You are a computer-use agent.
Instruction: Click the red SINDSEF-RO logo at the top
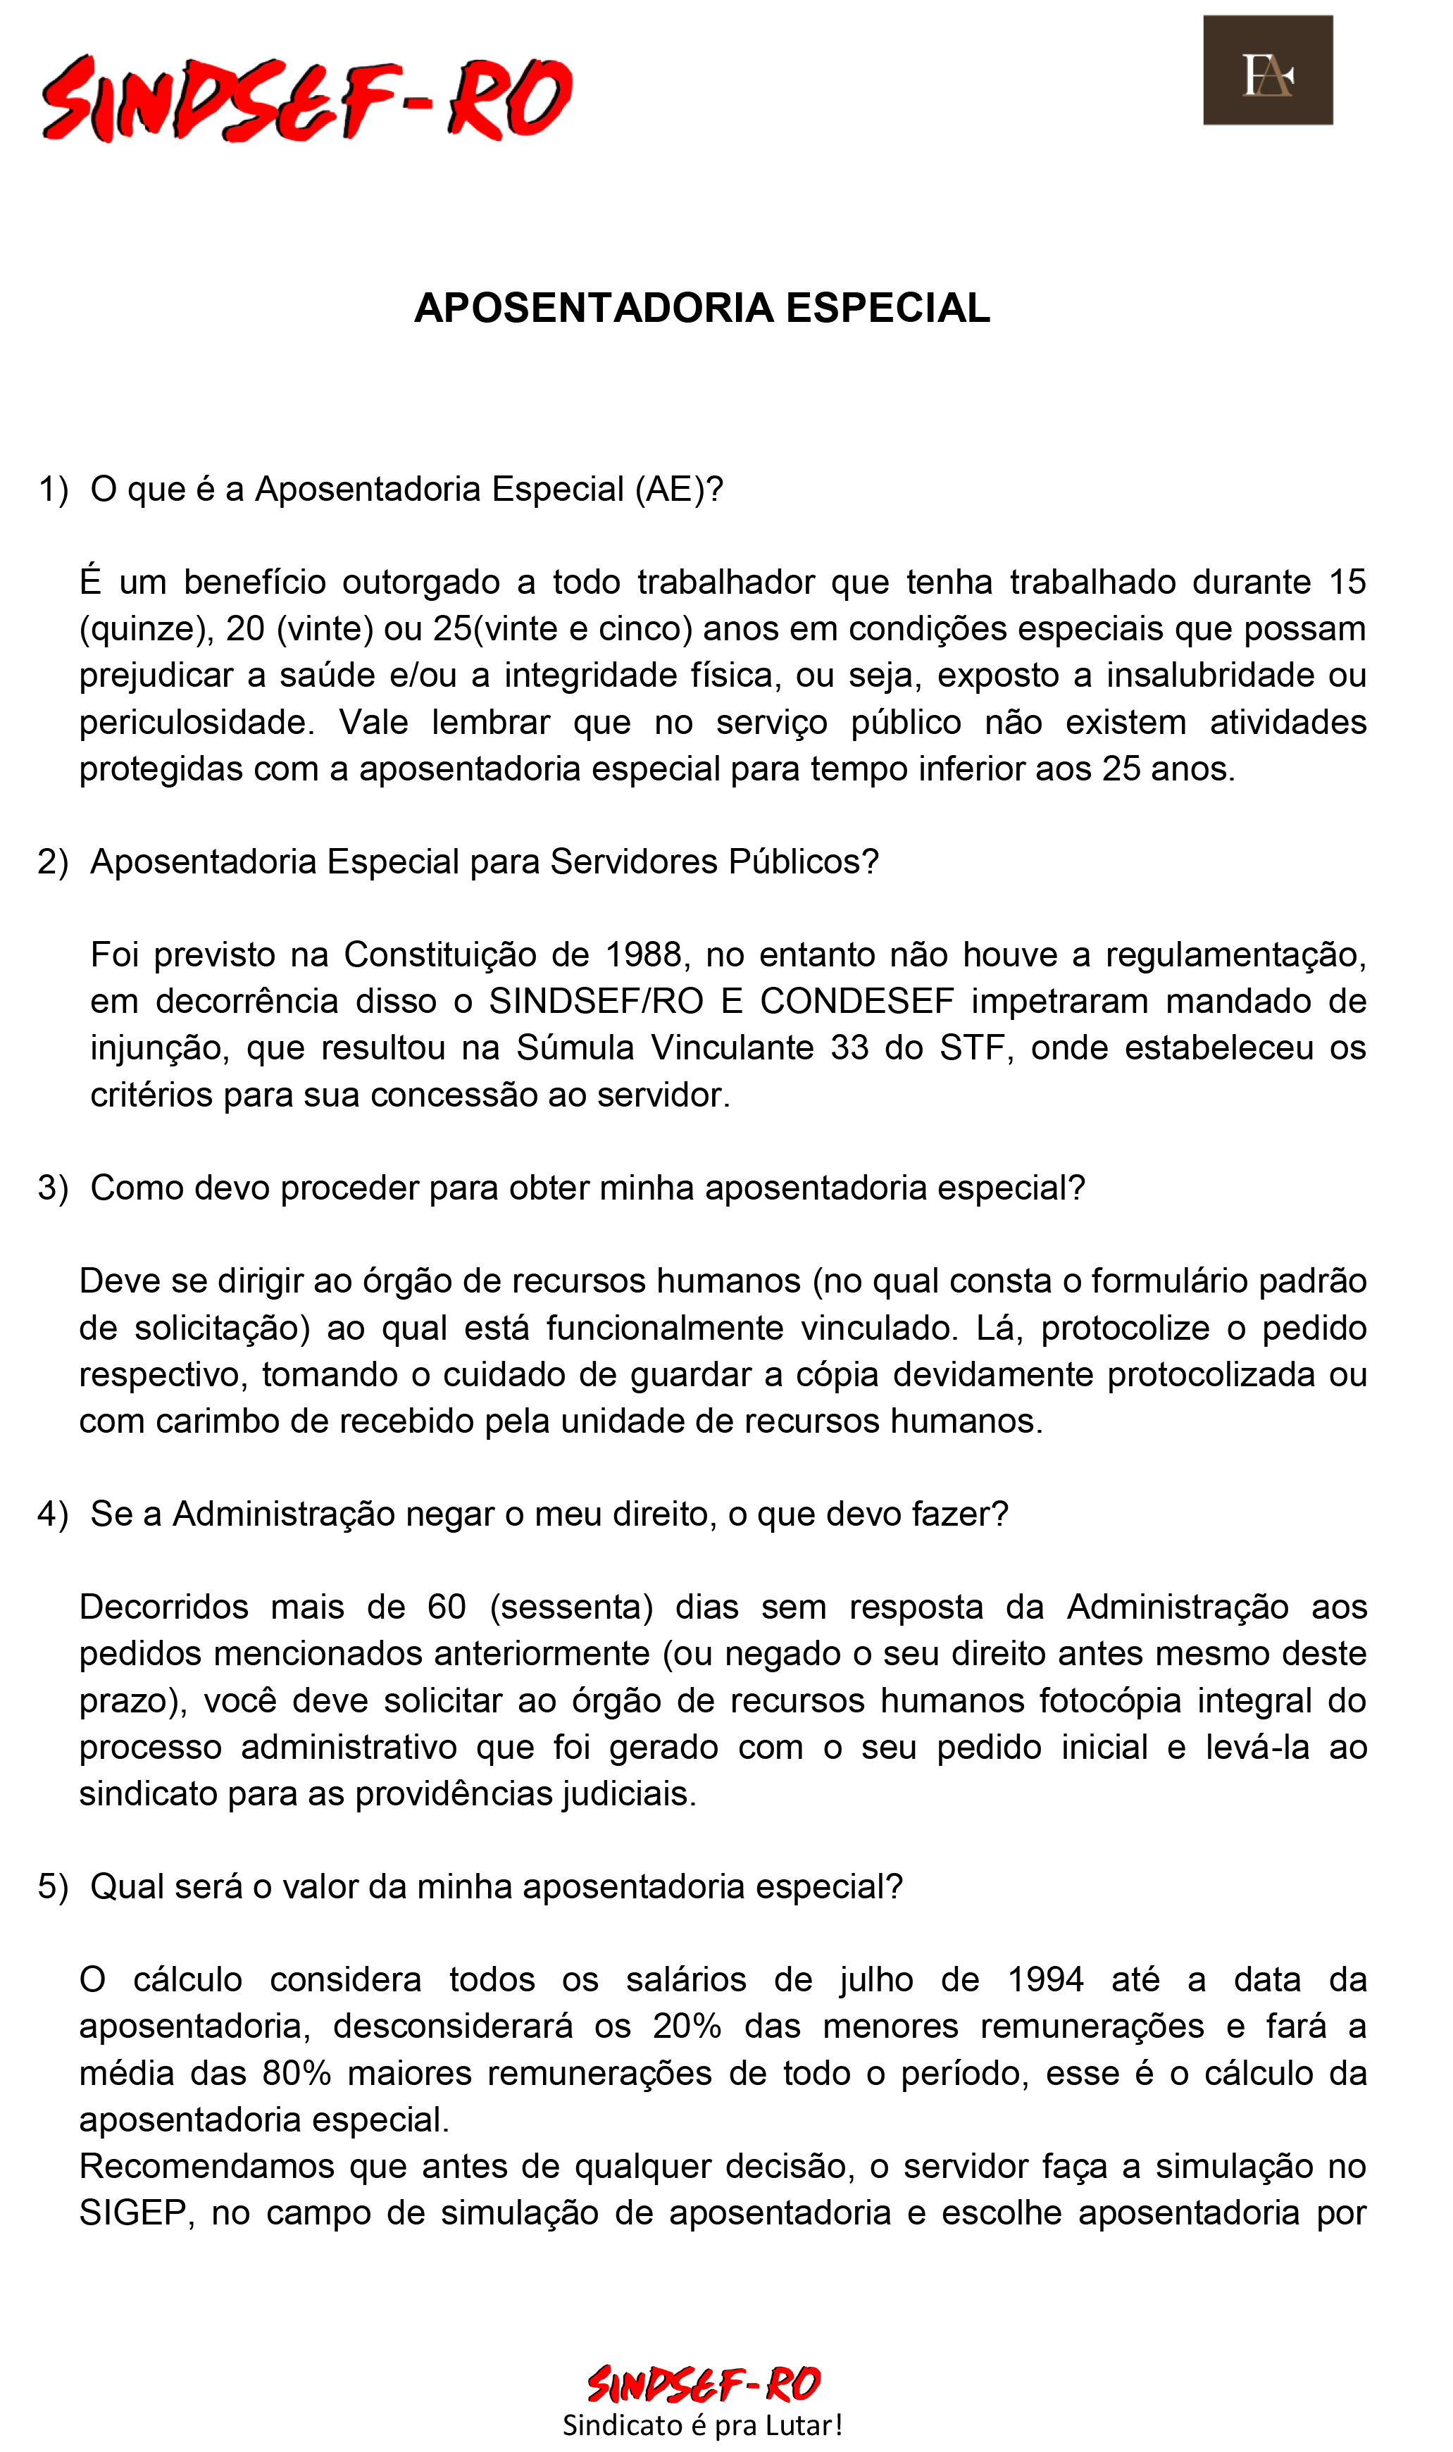(306, 98)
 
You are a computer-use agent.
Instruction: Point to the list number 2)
(53, 861)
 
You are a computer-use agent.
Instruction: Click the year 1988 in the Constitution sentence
(643, 954)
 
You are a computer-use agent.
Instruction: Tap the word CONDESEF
(856, 1001)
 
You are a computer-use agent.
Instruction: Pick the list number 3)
(53, 1188)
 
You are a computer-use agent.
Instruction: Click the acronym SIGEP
(132, 2213)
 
